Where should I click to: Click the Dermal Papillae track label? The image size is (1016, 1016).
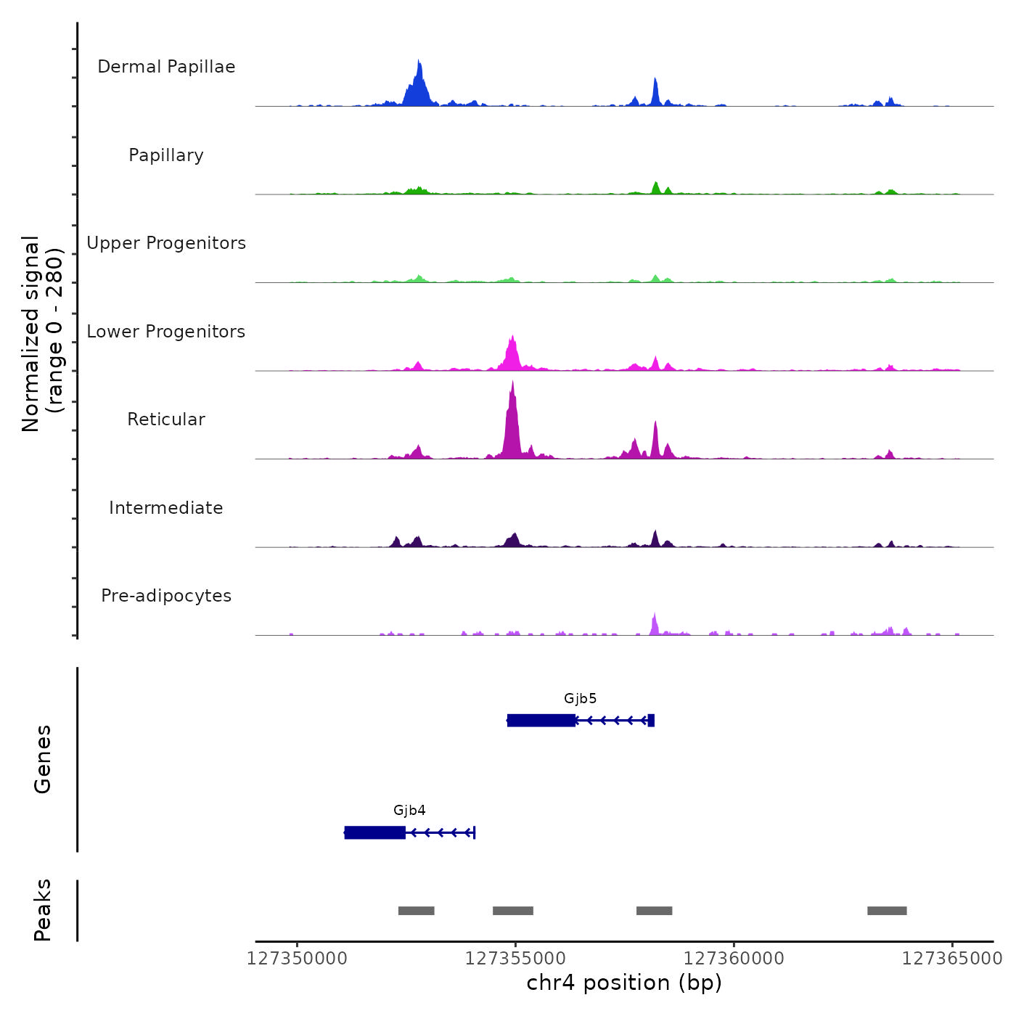(x=166, y=67)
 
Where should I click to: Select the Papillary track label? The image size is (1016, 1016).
(x=166, y=155)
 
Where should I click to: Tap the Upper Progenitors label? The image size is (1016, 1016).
(x=166, y=243)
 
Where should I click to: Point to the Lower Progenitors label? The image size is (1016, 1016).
(x=166, y=332)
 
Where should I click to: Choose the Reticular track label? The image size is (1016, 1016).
(x=166, y=419)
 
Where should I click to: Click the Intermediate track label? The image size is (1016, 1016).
(x=166, y=508)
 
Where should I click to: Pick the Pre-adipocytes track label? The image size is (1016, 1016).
(x=166, y=596)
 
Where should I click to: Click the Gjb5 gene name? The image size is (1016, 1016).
(x=580, y=699)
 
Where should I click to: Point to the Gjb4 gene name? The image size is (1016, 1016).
(x=409, y=811)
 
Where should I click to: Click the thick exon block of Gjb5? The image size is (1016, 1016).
(x=541, y=720)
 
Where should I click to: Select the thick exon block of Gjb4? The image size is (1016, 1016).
(x=375, y=832)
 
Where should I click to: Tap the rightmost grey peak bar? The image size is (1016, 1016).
(x=887, y=911)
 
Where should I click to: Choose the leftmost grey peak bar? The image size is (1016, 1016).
(x=416, y=911)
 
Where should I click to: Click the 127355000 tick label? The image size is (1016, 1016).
(x=515, y=959)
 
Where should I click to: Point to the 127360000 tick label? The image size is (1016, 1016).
(x=734, y=959)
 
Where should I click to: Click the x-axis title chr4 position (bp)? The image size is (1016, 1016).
(x=624, y=983)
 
